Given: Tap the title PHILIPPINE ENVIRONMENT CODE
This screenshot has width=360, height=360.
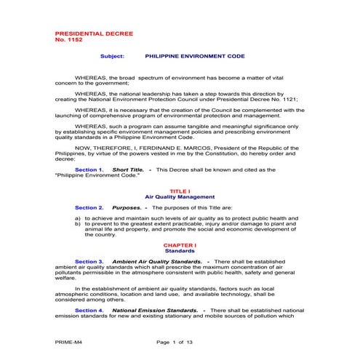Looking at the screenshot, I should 195,55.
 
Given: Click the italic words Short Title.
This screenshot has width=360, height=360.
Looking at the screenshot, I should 128,169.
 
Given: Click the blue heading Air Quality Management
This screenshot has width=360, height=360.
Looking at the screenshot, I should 180,196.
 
